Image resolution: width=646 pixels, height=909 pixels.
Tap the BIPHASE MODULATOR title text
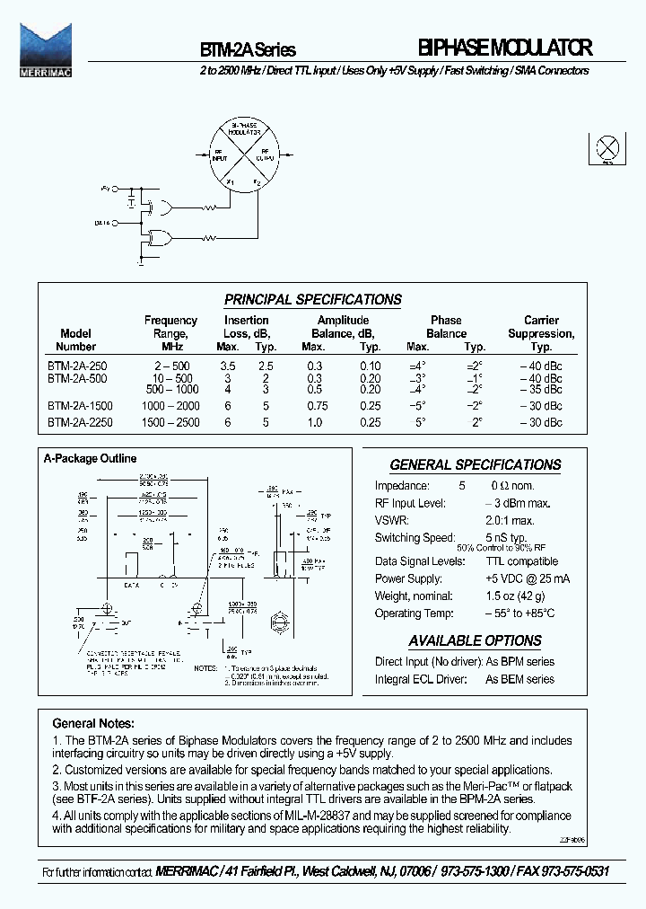[505, 49]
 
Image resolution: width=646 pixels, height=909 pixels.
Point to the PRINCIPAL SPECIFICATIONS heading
[312, 300]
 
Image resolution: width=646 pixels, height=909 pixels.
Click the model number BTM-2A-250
[76, 366]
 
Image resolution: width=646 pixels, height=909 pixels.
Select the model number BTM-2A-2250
[78, 421]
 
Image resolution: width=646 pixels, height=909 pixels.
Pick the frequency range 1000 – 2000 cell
[170, 406]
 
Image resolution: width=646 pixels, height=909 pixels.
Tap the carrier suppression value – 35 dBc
[541, 390]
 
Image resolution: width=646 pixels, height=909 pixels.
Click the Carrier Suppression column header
[541, 332]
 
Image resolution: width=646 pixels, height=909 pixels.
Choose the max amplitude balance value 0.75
[317, 406]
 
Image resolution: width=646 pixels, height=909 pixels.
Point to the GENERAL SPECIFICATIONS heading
[475, 464]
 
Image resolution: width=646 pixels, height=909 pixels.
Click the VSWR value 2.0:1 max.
[510, 520]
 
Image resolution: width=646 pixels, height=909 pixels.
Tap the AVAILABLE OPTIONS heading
[475, 640]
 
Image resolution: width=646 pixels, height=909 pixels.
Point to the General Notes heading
[93, 722]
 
